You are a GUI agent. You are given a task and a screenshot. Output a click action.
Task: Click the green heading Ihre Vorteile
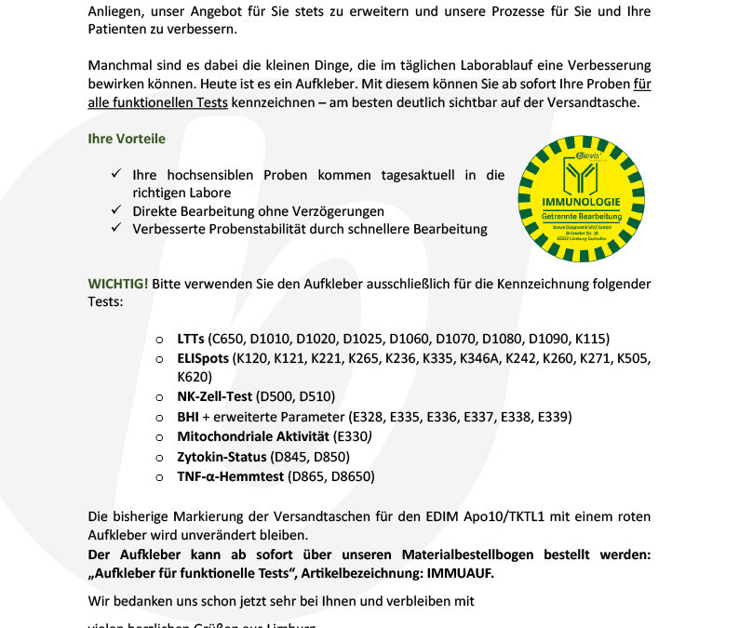(127, 139)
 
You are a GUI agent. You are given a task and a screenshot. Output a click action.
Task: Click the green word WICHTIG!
(117, 283)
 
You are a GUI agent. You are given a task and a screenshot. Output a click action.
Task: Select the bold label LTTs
(191, 338)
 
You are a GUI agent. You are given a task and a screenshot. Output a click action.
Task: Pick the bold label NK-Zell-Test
(214, 396)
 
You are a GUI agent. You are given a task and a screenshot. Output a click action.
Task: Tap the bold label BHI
(187, 416)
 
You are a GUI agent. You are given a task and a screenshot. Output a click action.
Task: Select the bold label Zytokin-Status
(221, 456)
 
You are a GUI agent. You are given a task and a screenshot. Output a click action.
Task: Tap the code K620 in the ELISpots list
(195, 377)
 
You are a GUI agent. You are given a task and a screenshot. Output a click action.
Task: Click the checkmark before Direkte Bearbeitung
(116, 211)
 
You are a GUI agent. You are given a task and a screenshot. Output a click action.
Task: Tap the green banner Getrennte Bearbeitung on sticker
(580, 215)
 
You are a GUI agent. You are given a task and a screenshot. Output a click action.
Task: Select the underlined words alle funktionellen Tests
(158, 102)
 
